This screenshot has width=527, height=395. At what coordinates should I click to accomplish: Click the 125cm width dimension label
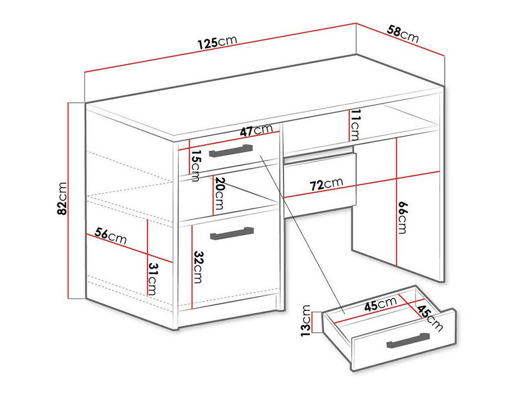[x=217, y=42]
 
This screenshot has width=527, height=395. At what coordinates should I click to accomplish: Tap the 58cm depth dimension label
[x=403, y=34]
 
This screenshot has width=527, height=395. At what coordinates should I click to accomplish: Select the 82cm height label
[x=62, y=198]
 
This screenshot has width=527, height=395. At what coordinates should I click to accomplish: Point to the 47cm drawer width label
[x=256, y=131]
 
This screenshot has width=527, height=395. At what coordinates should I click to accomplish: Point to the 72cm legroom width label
[x=326, y=185]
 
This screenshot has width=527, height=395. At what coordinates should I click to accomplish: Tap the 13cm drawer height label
[x=306, y=321]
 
